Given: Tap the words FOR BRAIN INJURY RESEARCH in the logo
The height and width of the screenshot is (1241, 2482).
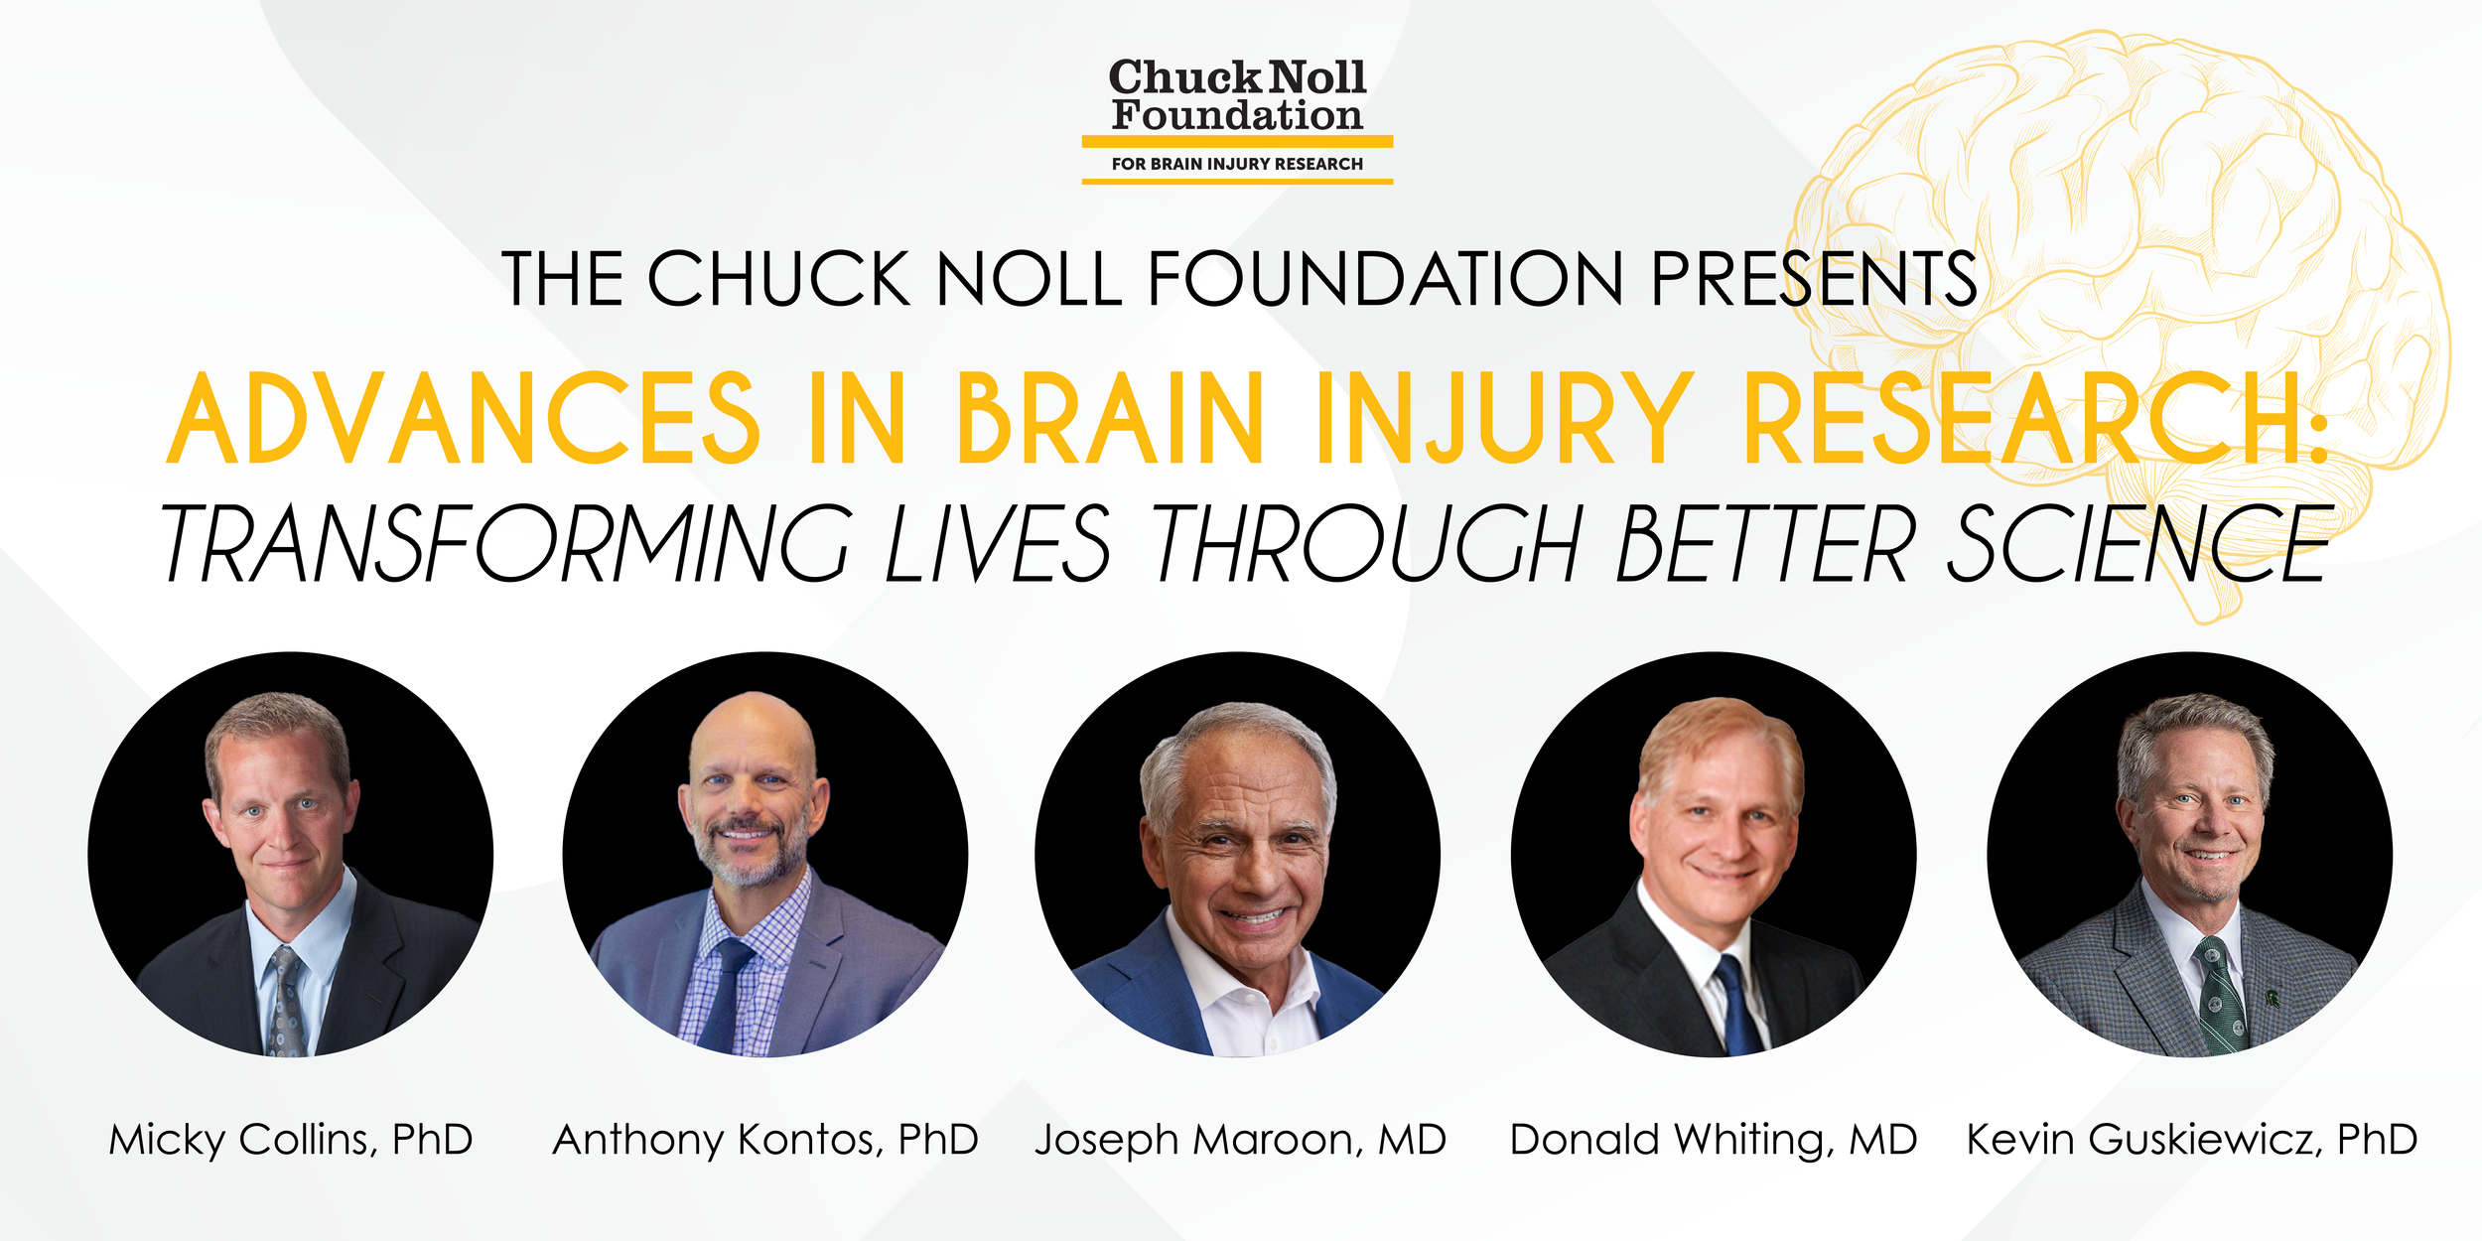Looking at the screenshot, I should (x=1237, y=164).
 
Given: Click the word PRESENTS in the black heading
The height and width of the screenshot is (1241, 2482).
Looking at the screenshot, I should (x=1814, y=279).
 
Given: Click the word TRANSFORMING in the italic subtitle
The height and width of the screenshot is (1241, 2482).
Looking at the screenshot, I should (x=506, y=543).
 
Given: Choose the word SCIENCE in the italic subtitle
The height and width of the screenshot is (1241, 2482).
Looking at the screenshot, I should (x=2139, y=543).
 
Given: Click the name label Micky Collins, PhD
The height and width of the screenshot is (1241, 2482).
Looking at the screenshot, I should (x=291, y=1140).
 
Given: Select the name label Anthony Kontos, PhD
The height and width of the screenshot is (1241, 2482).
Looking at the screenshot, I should (x=765, y=1140).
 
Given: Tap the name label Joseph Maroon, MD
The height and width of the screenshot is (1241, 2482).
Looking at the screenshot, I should (x=1240, y=1140).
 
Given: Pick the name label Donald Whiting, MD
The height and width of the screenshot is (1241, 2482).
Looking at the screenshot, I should (x=1714, y=1140).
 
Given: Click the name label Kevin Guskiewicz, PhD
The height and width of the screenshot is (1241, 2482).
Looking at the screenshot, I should (x=2192, y=1140).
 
